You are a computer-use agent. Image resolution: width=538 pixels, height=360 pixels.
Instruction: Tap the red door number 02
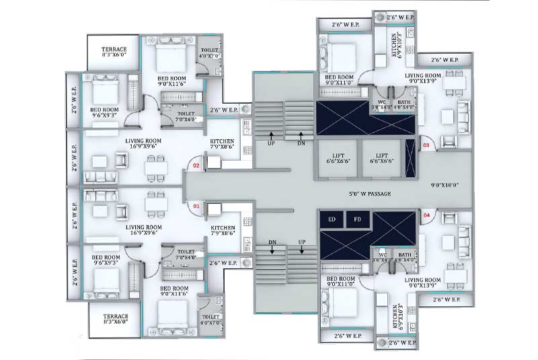coord(197,164)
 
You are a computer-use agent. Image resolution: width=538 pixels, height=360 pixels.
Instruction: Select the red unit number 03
coord(426,144)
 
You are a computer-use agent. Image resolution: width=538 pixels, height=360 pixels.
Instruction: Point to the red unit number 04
coord(426,215)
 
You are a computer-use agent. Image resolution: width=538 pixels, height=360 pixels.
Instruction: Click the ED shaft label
coord(332,219)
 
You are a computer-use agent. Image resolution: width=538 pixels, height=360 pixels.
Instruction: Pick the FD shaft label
coord(357,219)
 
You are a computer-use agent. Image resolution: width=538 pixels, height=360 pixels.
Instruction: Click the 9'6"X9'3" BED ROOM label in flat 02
coord(105,112)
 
